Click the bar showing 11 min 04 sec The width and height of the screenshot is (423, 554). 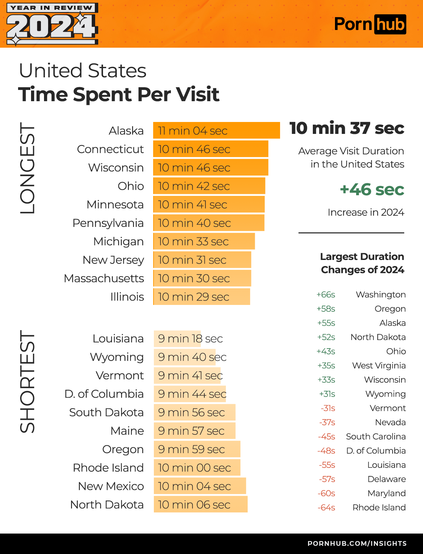pyautogui.click(x=216, y=130)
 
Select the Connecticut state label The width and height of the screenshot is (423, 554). pyautogui.click(x=110, y=149)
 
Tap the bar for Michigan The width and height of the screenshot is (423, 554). pyautogui.click(x=204, y=241)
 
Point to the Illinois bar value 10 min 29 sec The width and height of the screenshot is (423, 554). pyautogui.click(x=201, y=297)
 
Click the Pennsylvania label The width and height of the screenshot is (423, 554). pyautogui.click(x=108, y=223)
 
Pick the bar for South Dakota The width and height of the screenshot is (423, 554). pyautogui.click(x=194, y=412)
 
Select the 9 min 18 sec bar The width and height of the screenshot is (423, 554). pyautogui.click(x=177, y=339)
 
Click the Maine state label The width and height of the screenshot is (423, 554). pyautogui.click(x=127, y=431)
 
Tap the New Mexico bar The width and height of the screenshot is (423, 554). pyautogui.click(x=200, y=486)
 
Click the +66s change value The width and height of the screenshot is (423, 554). pyautogui.click(x=326, y=295)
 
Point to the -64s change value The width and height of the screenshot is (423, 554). pyautogui.click(x=326, y=508)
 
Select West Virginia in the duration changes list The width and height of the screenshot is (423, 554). pyautogui.click(x=379, y=366)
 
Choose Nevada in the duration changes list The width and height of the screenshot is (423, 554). pyautogui.click(x=390, y=422)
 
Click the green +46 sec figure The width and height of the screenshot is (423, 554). pyautogui.click(x=372, y=190)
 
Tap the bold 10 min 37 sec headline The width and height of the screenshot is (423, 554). pyautogui.click(x=347, y=128)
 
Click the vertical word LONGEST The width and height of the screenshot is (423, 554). pyautogui.click(x=27, y=168)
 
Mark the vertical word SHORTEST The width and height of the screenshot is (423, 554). pyautogui.click(x=27, y=382)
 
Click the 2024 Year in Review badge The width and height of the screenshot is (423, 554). pyautogui.click(x=52, y=24)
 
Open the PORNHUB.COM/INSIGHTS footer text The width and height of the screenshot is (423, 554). pyautogui.click(x=357, y=543)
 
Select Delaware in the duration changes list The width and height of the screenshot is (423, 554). pyautogui.click(x=386, y=479)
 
